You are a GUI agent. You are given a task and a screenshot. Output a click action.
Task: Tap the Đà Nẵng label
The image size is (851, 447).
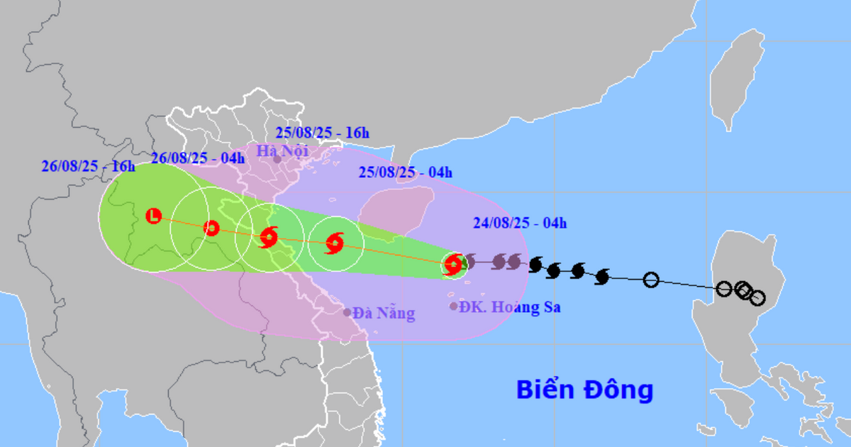[x=384, y=313]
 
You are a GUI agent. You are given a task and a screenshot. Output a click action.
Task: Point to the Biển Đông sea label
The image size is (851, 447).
[x=584, y=390]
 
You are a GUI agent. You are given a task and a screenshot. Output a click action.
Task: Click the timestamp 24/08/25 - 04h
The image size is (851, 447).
[x=521, y=224]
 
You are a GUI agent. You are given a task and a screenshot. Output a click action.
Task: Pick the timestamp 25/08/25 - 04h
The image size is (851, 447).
[x=405, y=172]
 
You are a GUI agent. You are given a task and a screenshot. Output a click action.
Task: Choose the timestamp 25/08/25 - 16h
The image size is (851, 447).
[x=323, y=133]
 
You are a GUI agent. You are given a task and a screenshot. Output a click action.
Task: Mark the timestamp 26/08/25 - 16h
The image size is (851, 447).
[x=88, y=167]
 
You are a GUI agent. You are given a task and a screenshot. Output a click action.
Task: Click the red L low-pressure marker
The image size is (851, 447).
[x=154, y=216]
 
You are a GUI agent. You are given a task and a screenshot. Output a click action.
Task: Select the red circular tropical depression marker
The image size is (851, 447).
[x=211, y=228]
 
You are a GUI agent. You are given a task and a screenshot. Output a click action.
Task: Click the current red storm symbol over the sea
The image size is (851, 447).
[x=452, y=265]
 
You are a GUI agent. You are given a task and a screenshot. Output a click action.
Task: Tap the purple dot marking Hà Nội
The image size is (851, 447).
[x=277, y=160]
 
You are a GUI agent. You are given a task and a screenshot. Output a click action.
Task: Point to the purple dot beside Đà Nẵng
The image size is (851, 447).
[x=347, y=312]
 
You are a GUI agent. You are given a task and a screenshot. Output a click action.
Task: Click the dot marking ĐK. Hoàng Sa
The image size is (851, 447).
[x=454, y=307]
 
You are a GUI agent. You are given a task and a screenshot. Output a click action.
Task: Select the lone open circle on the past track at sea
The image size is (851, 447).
[x=651, y=280]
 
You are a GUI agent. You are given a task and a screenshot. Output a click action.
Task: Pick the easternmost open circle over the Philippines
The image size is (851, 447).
[x=757, y=298]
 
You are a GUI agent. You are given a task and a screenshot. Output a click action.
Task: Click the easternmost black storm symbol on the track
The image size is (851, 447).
[x=602, y=276]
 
